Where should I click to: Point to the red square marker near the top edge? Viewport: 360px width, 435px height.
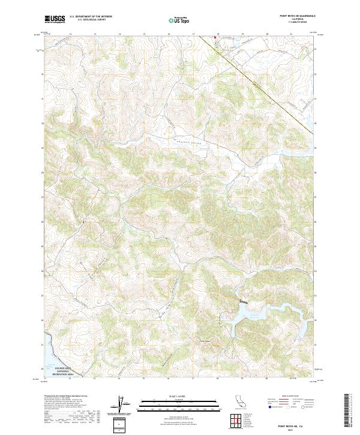click(x=215, y=37)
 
